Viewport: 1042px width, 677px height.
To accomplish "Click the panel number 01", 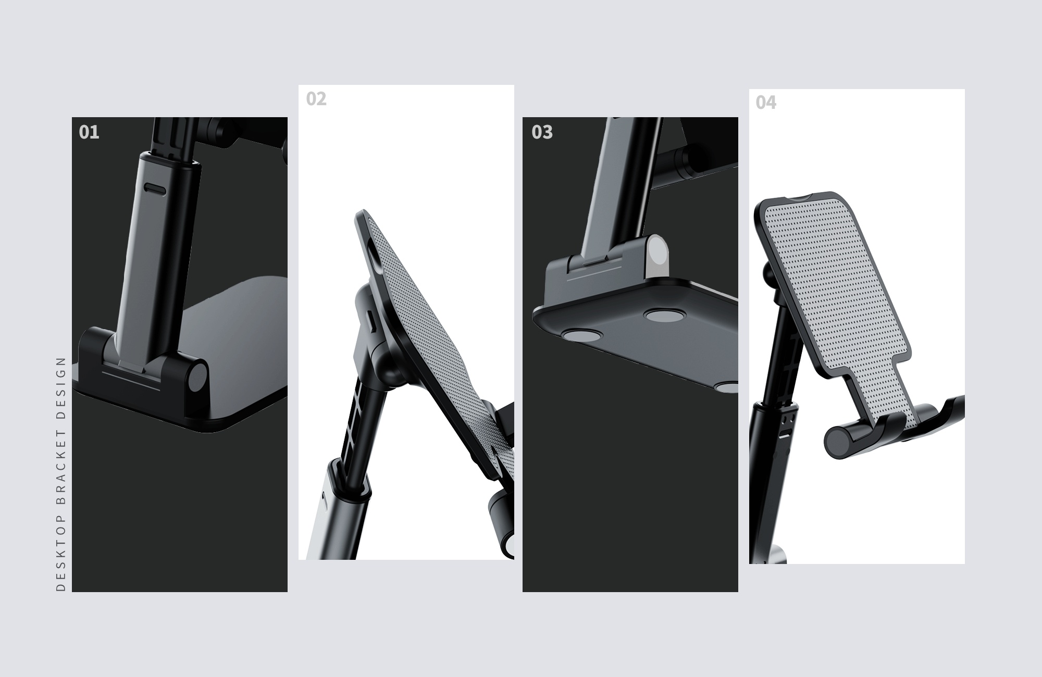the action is click(89, 132).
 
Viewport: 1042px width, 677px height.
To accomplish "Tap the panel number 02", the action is click(316, 99).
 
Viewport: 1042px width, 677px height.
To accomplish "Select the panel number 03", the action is click(542, 132).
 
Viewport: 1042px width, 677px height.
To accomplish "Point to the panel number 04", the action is click(766, 103).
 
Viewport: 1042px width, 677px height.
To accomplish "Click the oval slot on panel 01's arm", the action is click(155, 188).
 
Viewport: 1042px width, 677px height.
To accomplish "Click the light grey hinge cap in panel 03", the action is click(660, 255).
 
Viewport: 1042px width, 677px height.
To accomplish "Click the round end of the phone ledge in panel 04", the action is click(839, 442).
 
